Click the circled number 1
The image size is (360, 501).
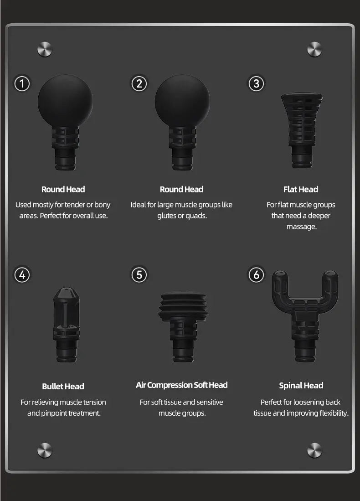click(x=22, y=84)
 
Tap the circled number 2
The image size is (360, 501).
click(x=139, y=84)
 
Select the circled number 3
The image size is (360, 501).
click(x=256, y=84)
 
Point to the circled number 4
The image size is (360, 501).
click(x=22, y=275)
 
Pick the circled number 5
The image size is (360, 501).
click(x=139, y=275)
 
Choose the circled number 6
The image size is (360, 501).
click(x=256, y=275)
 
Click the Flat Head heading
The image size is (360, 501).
click(x=301, y=190)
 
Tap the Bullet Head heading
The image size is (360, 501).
click(x=63, y=386)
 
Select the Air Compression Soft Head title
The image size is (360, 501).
click(x=182, y=385)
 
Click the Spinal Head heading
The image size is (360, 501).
click(x=301, y=386)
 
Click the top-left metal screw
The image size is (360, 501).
click(x=45, y=49)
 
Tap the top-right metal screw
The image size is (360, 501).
click(x=314, y=49)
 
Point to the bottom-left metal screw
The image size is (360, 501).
click(x=45, y=450)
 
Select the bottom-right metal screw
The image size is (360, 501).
click(x=314, y=450)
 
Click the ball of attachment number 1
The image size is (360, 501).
click(x=65, y=101)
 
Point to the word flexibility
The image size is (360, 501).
click(x=333, y=413)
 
